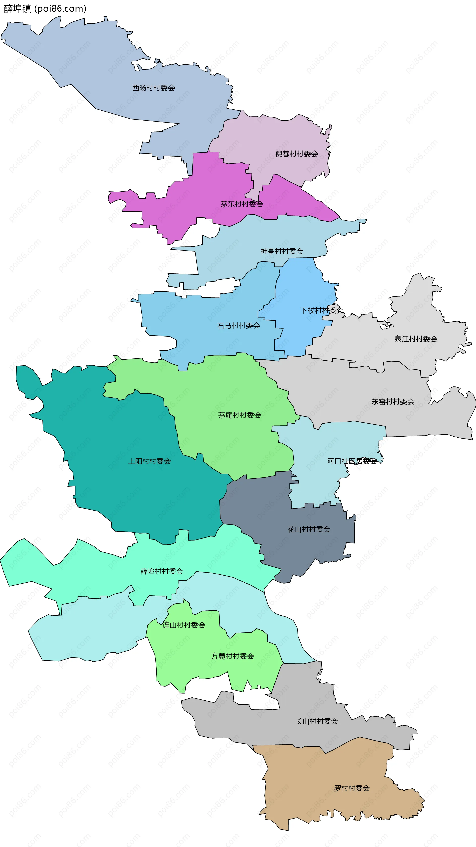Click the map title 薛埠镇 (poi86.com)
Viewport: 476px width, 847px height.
(45, 9)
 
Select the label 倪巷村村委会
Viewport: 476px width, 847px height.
(297, 154)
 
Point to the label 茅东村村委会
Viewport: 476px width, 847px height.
(242, 204)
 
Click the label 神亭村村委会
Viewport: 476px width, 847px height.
(282, 251)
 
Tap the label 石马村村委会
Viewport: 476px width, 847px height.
(238, 326)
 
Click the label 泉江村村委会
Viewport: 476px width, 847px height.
(416, 339)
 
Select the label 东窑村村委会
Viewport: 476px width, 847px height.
(393, 402)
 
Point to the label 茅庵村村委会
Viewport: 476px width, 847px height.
(239, 415)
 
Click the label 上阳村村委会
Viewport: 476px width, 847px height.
(149, 461)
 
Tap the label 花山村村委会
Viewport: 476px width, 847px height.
(309, 529)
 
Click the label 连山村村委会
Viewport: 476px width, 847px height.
(183, 625)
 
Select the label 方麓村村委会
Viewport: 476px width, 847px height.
(233, 656)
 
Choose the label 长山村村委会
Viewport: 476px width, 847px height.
(316, 721)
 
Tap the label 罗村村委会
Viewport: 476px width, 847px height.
(352, 788)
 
